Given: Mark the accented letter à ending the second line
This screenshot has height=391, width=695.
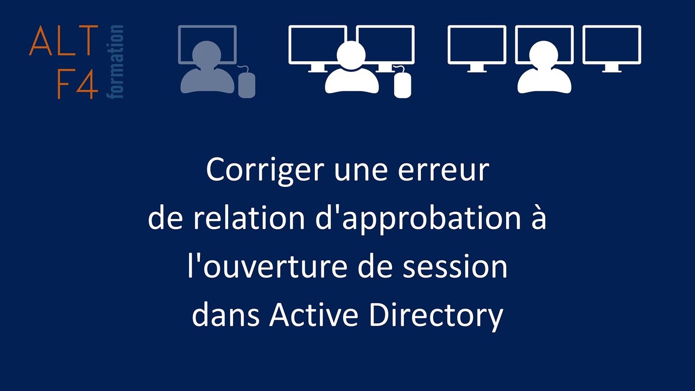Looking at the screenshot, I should (538, 218).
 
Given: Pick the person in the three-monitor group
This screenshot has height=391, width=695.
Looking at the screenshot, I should (544, 71).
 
